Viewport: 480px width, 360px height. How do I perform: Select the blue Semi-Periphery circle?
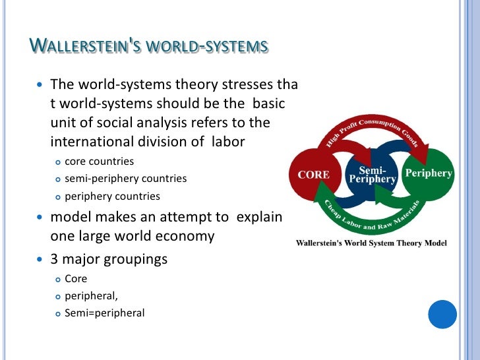[373, 175]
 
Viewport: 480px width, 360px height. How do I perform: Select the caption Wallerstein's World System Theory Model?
[371, 243]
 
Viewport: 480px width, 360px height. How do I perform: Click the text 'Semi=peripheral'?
[104, 313]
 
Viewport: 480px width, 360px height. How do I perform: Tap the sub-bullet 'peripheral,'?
[91, 296]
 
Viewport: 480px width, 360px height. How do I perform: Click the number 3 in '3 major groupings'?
[55, 259]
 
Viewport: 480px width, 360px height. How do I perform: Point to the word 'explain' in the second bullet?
[260, 217]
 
